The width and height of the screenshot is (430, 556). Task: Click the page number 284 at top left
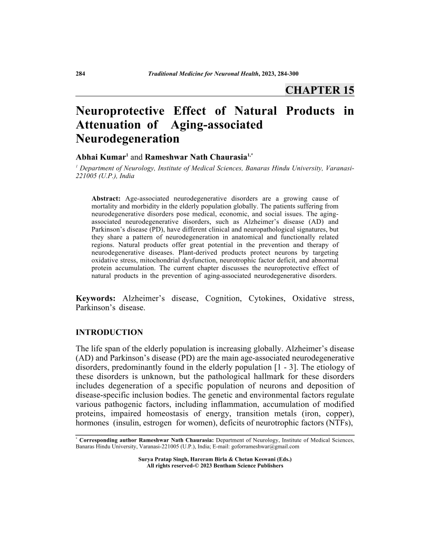pyautogui.click(x=81, y=73)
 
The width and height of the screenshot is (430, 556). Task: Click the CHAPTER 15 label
pyautogui.click(x=319, y=90)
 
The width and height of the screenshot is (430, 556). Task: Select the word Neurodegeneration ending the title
pyautogui.click(x=128, y=139)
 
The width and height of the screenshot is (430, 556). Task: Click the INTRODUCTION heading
pyautogui.click(x=110, y=333)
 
